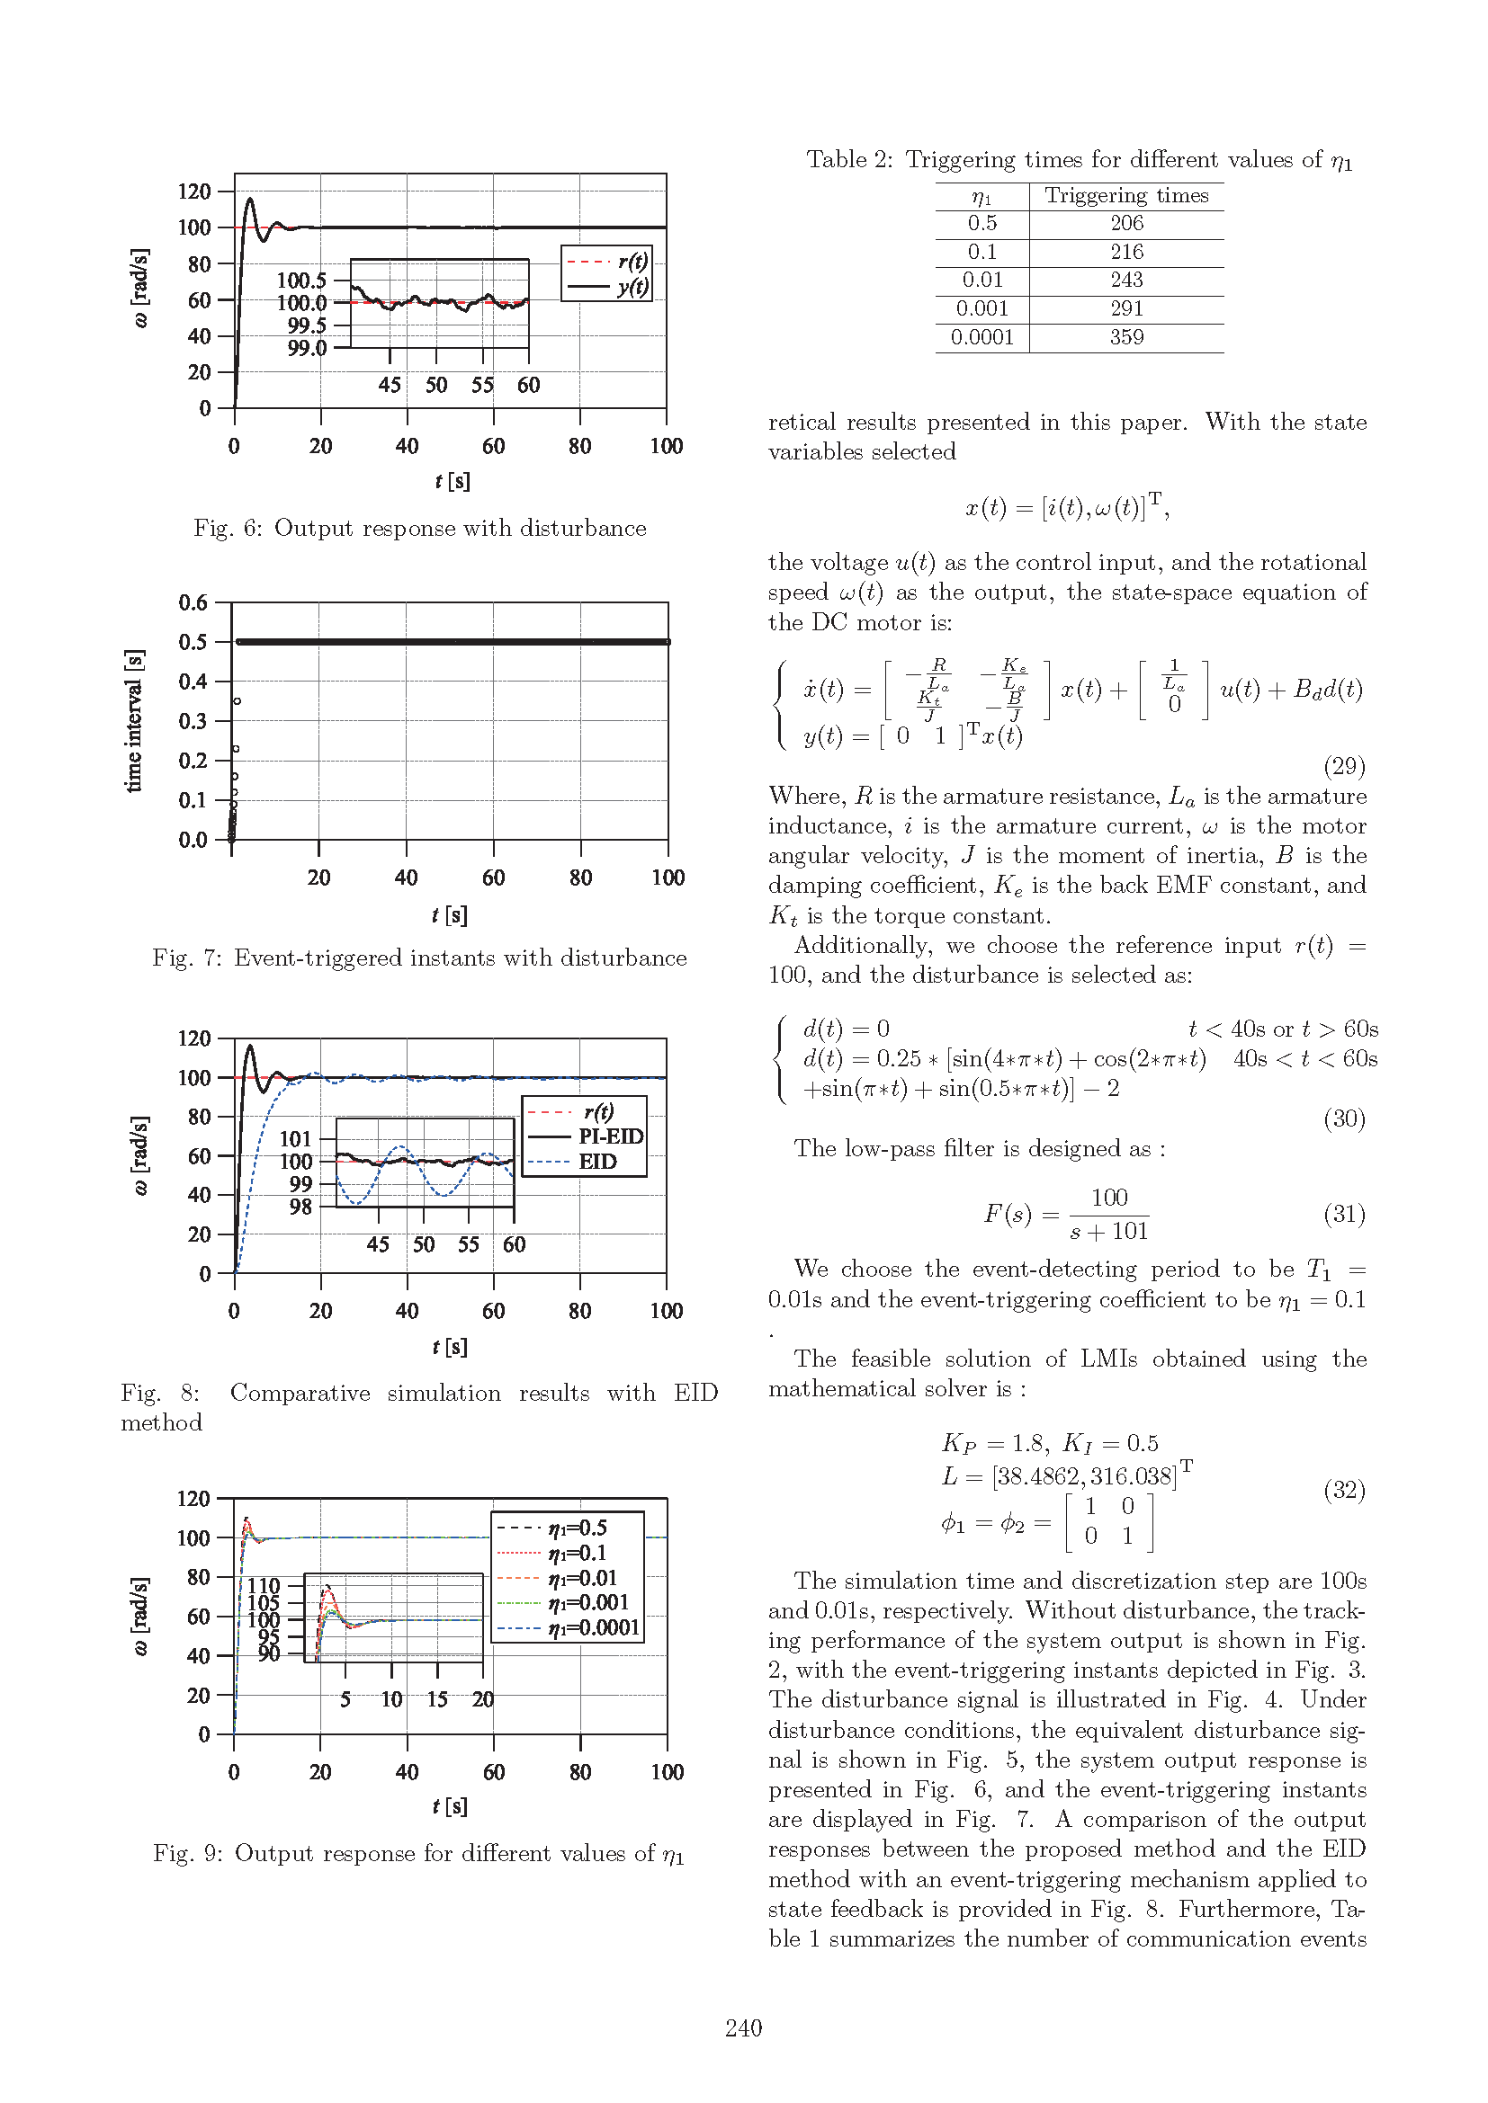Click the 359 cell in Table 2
tap(1126, 337)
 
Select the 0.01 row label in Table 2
tap(982, 281)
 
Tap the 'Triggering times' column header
tap(1126, 195)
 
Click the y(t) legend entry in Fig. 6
tap(632, 287)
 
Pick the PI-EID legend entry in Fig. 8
tap(610, 1136)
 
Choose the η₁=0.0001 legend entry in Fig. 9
tap(594, 1626)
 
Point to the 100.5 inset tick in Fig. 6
tap(301, 281)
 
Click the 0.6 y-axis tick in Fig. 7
tap(193, 602)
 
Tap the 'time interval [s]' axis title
tap(134, 720)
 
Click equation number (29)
tap(1344, 766)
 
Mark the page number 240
tap(743, 2027)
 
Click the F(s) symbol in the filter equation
tap(1008, 1215)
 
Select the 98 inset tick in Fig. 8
tap(300, 1207)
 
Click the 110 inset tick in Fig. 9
tap(263, 1585)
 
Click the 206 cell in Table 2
tap(1126, 224)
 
